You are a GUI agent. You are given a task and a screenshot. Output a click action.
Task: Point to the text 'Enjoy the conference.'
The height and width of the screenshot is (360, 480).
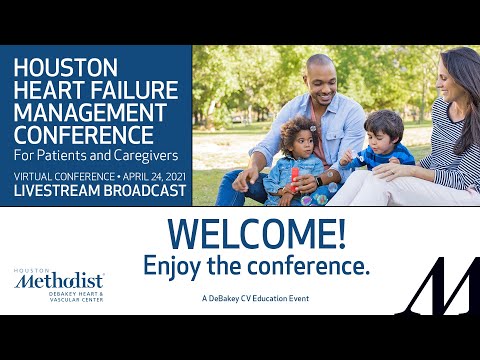257,266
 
